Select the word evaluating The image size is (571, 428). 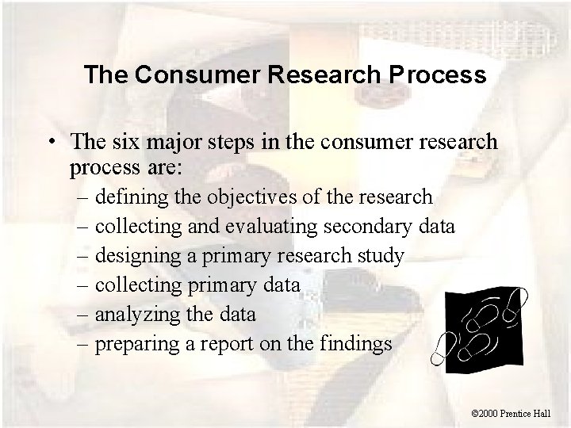coord(268,227)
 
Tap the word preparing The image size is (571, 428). coord(134,346)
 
